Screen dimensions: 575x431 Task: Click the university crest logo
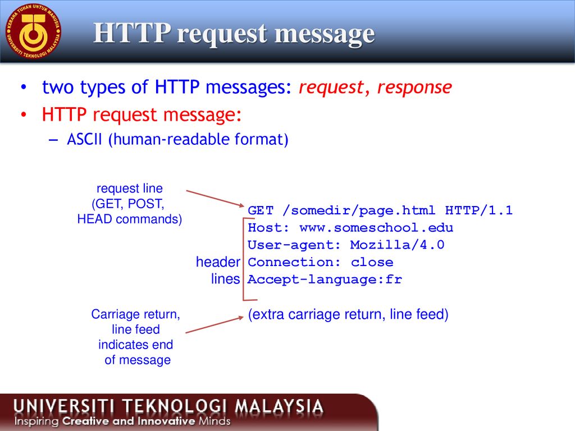[x=33, y=31]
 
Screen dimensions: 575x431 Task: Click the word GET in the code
[x=261, y=210]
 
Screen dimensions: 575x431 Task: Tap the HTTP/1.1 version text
[x=478, y=210]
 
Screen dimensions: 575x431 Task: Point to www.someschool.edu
[x=376, y=228]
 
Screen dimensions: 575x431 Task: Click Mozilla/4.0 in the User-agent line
[x=397, y=245]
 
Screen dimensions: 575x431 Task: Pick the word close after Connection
[x=372, y=262]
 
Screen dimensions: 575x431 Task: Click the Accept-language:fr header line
[x=325, y=279]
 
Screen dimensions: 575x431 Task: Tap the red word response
[x=414, y=87]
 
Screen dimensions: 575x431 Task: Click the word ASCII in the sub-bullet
[x=84, y=139]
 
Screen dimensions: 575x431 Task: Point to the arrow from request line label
[x=215, y=198]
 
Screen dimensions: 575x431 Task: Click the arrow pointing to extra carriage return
[x=215, y=325]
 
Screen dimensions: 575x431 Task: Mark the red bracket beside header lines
[x=244, y=259]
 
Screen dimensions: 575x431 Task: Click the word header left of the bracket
[x=218, y=262]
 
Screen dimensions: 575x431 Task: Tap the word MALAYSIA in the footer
[x=279, y=406]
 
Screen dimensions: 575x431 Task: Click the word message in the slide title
[x=325, y=34]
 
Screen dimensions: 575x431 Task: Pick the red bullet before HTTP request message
[x=24, y=114]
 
